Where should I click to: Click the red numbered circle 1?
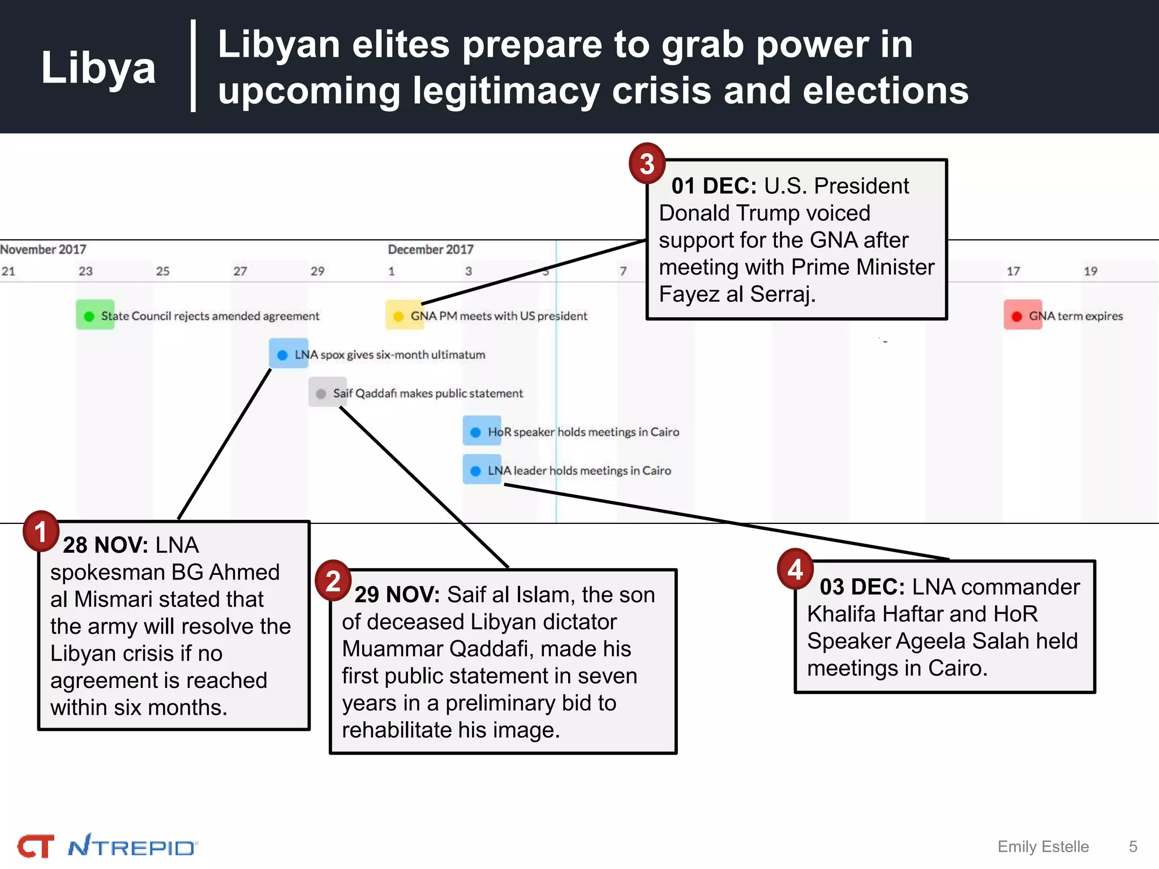tap(41, 531)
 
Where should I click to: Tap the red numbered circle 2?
tap(333, 580)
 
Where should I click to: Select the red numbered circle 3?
tap(647, 164)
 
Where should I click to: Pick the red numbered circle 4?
tap(795, 569)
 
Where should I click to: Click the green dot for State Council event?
tap(89, 316)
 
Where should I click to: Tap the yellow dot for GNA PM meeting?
tap(398, 316)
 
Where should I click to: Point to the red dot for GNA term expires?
tap(1016, 316)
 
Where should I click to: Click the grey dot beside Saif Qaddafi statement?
tap(321, 394)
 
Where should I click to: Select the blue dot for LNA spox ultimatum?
tap(282, 355)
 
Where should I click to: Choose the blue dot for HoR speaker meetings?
tap(476, 432)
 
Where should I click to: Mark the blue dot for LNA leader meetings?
tap(476, 471)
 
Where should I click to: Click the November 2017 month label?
tap(44, 249)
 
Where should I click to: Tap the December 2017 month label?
tap(430, 249)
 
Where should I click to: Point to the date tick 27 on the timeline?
tap(240, 272)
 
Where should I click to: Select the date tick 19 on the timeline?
tap(1091, 272)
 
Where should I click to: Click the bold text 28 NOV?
tap(105, 545)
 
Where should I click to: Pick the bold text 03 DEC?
tap(862, 587)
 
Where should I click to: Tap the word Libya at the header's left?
tap(98, 68)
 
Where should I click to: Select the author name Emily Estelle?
tap(1043, 847)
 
